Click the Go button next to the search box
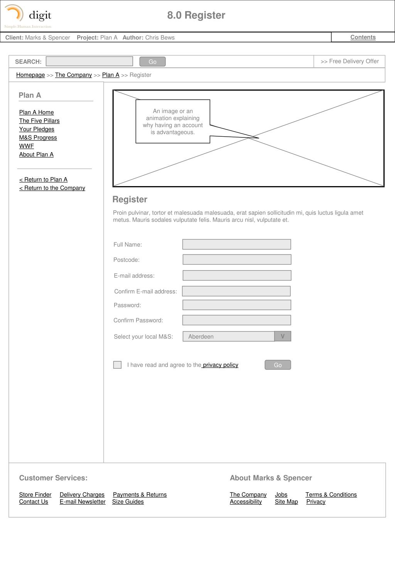(x=152, y=62)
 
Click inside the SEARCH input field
(x=89, y=61)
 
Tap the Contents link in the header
(x=363, y=37)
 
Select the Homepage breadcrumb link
(x=30, y=75)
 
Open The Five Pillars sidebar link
(x=39, y=121)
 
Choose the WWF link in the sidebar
(x=27, y=146)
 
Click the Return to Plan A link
(x=43, y=180)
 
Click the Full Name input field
(x=236, y=244)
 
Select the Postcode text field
(x=236, y=259)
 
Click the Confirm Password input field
(x=236, y=320)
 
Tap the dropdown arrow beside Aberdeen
(x=282, y=336)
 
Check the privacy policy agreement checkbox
(x=117, y=365)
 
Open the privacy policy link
(x=220, y=365)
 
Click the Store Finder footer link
(x=35, y=495)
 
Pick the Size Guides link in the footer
(x=128, y=502)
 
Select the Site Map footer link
(x=286, y=502)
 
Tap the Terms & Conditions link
(x=331, y=495)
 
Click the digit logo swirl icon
(x=14, y=13)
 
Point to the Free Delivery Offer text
(x=350, y=61)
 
